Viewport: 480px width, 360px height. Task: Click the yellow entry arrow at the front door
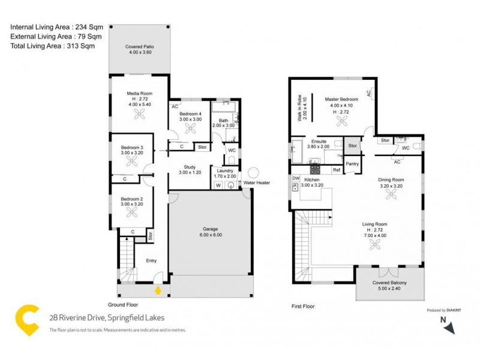(x=158, y=290)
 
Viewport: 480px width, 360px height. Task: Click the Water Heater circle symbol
(x=254, y=173)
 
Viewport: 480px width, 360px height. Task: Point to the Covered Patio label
(x=138, y=49)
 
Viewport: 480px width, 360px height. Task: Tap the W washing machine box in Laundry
(x=218, y=186)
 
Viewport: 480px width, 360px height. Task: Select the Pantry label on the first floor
(x=352, y=164)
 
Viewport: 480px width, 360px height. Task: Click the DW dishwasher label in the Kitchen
(x=296, y=179)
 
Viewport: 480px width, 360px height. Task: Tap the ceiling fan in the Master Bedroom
(x=342, y=121)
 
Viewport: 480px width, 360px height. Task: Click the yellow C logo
(x=26, y=320)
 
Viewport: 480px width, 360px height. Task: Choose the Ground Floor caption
(x=124, y=304)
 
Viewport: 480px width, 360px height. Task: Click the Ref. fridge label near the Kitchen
(x=337, y=170)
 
